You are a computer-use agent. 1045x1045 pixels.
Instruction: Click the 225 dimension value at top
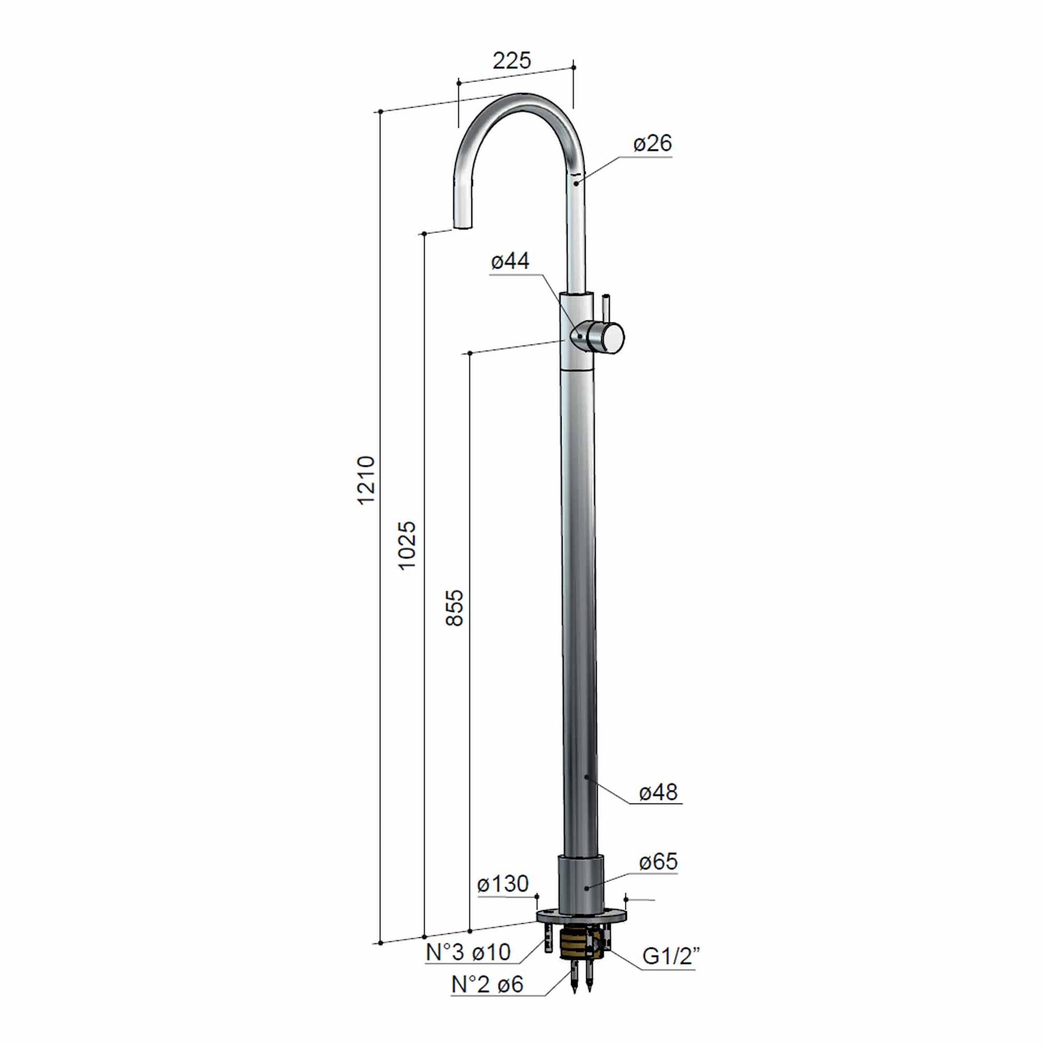pos(512,61)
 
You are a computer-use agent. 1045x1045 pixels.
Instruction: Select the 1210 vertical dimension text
pos(366,479)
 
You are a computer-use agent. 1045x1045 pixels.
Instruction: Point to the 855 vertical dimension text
pos(455,608)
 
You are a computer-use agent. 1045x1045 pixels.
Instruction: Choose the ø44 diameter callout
pos(509,261)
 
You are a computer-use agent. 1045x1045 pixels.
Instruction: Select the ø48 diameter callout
pos(658,793)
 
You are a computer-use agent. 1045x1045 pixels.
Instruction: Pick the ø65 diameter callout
pos(658,862)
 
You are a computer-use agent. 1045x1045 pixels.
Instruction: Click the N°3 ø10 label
pos(468,953)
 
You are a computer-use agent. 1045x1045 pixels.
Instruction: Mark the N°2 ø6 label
pos(487,984)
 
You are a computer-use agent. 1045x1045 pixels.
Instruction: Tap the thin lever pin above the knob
pos(606,306)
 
